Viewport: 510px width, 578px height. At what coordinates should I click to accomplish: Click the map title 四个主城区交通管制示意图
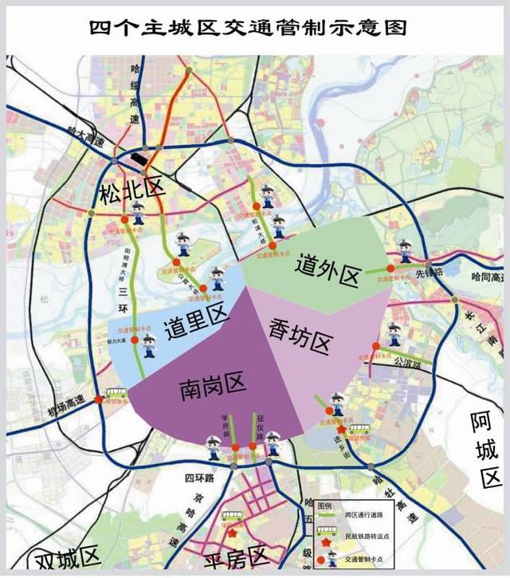254,28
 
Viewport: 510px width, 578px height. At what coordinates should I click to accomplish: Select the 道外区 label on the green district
327,270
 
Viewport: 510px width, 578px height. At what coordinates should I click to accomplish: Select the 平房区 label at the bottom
236,559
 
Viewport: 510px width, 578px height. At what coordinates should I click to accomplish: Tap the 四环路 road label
200,478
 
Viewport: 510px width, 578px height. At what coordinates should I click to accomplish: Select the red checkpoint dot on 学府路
236,447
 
